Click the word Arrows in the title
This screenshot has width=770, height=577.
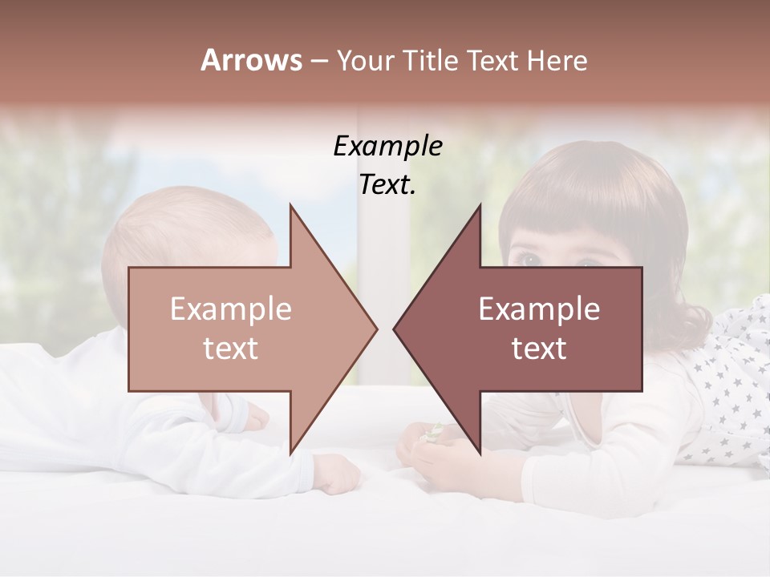pyautogui.click(x=251, y=60)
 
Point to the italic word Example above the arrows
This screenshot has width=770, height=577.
pyautogui.click(x=387, y=147)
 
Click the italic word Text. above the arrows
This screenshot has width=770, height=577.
pyautogui.click(x=387, y=184)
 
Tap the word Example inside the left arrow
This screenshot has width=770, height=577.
pyautogui.click(x=231, y=309)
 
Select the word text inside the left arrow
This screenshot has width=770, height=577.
pyautogui.click(x=231, y=349)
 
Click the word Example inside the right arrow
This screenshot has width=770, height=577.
pyautogui.click(x=539, y=309)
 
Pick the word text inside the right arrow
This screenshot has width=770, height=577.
pyautogui.click(x=539, y=349)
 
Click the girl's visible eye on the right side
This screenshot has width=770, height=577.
pyautogui.click(x=529, y=259)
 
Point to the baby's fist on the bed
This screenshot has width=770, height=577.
pyautogui.click(x=338, y=474)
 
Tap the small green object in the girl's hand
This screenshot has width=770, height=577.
pyautogui.click(x=434, y=432)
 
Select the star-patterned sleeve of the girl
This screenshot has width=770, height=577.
pyautogui.click(x=734, y=377)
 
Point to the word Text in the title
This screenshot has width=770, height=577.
pyautogui.click(x=493, y=60)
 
